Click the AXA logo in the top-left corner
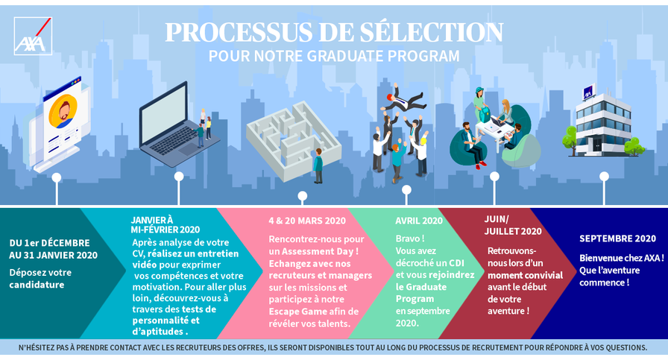click(x=33, y=37)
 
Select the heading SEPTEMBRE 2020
click(x=617, y=239)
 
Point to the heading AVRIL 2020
click(x=419, y=221)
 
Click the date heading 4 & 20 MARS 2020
click(x=307, y=221)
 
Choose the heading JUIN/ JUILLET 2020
click(x=513, y=225)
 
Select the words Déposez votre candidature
click(x=40, y=279)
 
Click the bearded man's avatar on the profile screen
click(x=63, y=111)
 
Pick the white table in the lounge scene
click(x=494, y=127)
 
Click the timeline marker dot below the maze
click(x=303, y=196)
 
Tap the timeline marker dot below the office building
click(x=604, y=176)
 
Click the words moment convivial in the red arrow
click(x=526, y=275)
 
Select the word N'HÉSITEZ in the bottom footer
click(x=37, y=347)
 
